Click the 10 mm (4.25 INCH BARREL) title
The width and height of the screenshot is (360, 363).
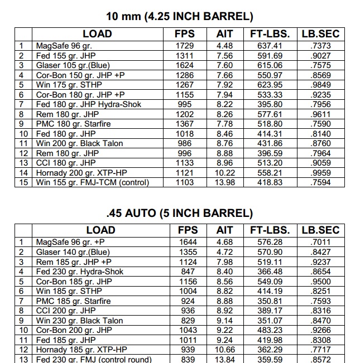pos(179,16)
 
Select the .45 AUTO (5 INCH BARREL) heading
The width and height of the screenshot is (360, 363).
pos(179,212)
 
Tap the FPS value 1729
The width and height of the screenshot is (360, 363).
pos(184,46)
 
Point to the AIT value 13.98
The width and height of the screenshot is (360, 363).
pos(224,182)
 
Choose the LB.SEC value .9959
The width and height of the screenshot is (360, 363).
pos(320,173)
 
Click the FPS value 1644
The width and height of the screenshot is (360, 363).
pos(188,242)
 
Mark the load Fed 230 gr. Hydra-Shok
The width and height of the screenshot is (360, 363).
pos(79,272)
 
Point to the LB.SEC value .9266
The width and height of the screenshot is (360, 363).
pos(320,330)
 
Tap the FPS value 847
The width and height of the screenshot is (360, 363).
pos(188,272)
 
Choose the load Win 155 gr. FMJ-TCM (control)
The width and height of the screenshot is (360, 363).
pos(92,182)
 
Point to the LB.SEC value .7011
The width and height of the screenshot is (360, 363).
pos(320,242)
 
